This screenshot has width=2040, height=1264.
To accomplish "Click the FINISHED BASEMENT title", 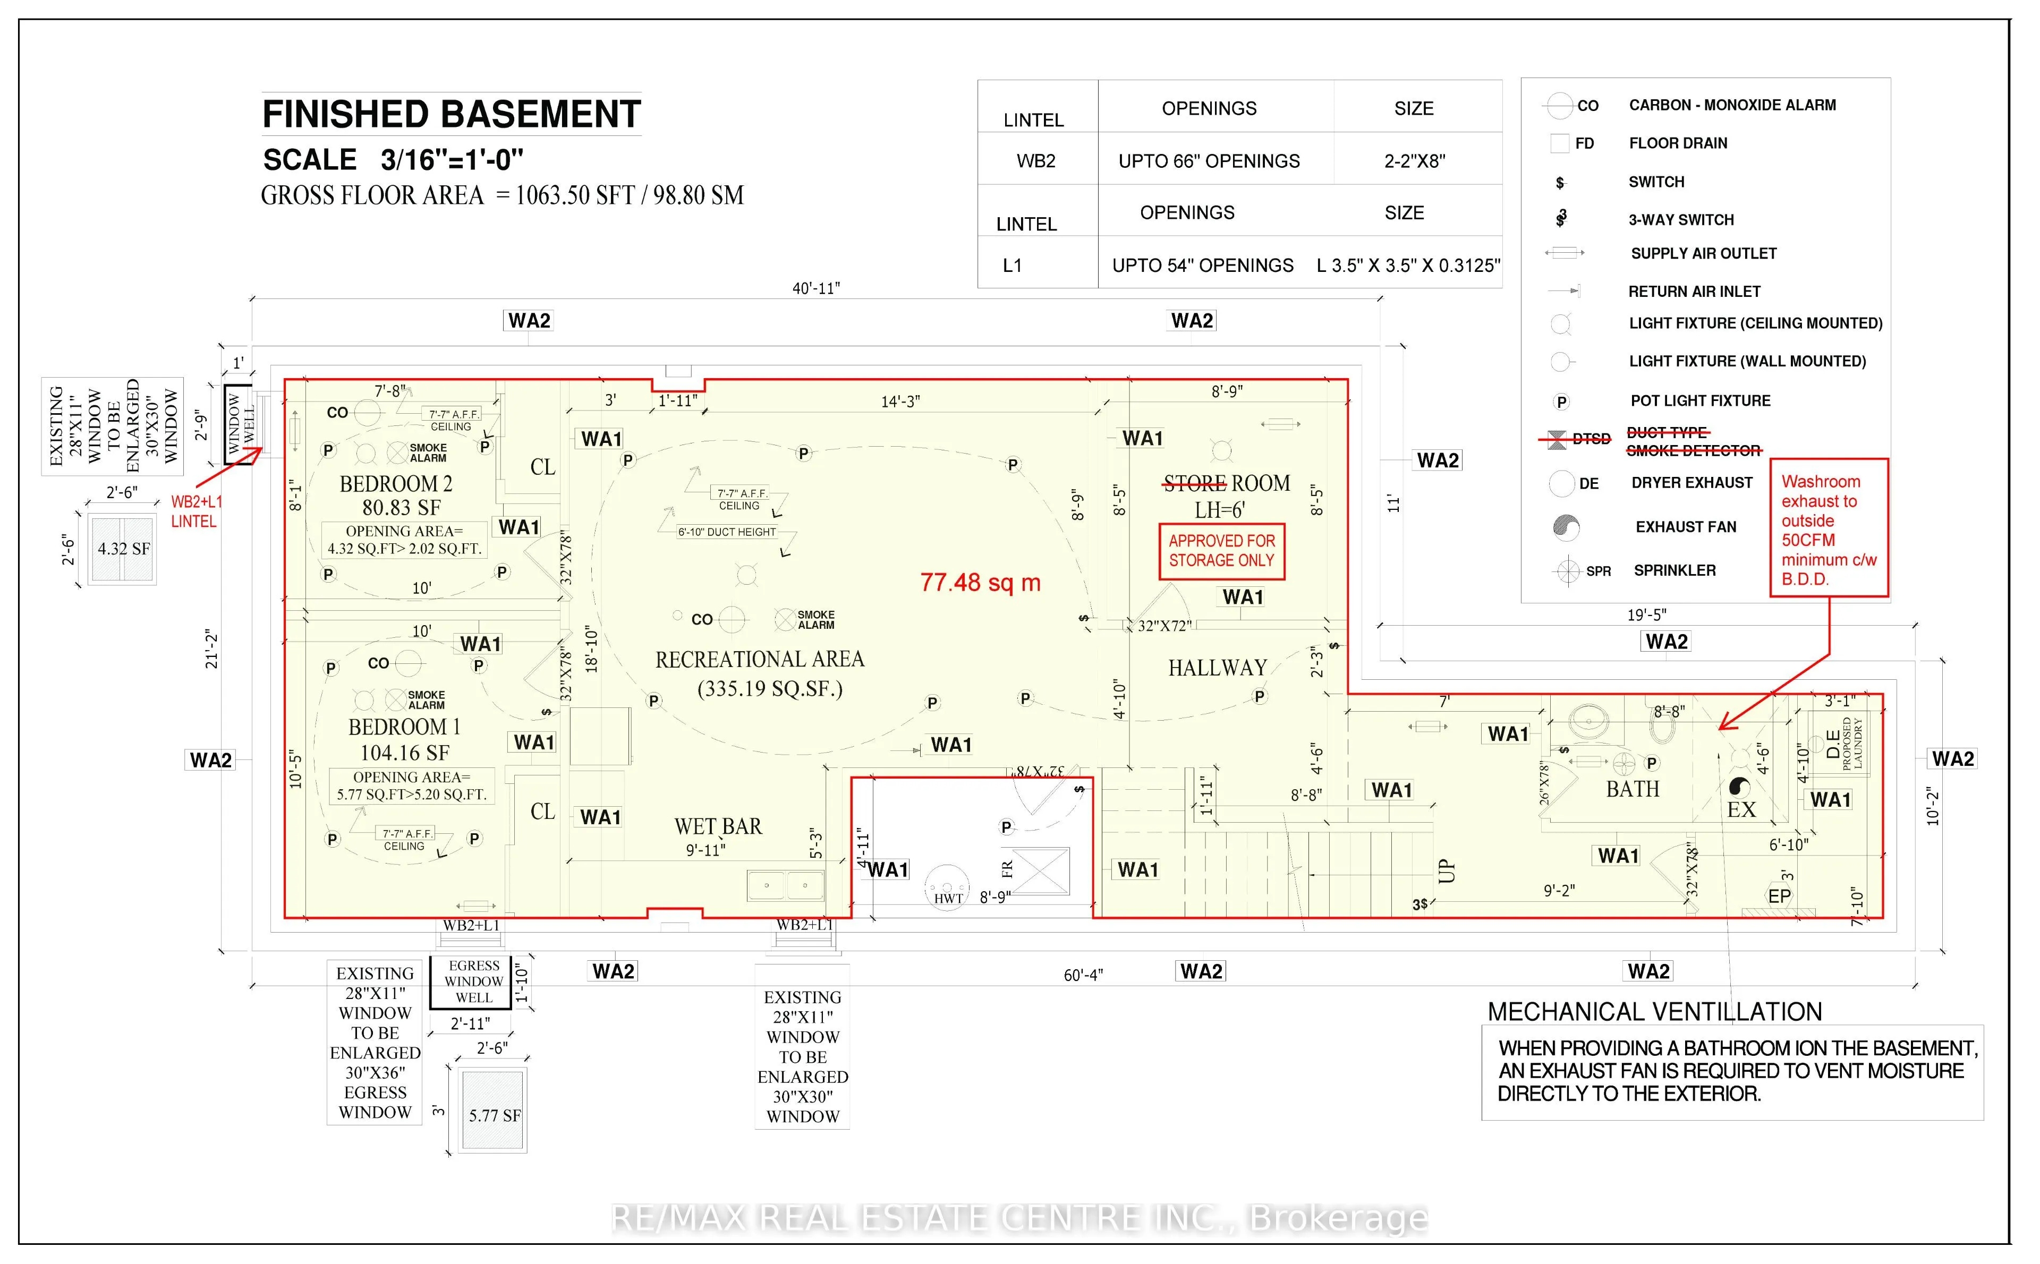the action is [x=452, y=115].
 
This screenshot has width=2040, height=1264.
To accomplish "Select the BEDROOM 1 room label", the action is [x=404, y=727].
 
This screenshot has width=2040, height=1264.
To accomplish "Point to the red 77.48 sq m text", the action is [x=980, y=583].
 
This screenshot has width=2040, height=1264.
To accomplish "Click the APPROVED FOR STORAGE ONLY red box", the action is [x=1221, y=551].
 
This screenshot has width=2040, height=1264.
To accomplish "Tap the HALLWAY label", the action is [x=1217, y=668].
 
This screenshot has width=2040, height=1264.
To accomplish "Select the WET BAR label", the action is [x=718, y=827].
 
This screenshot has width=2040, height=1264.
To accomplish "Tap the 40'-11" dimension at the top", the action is [x=816, y=288].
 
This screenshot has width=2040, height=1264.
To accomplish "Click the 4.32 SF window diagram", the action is [x=123, y=549].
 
